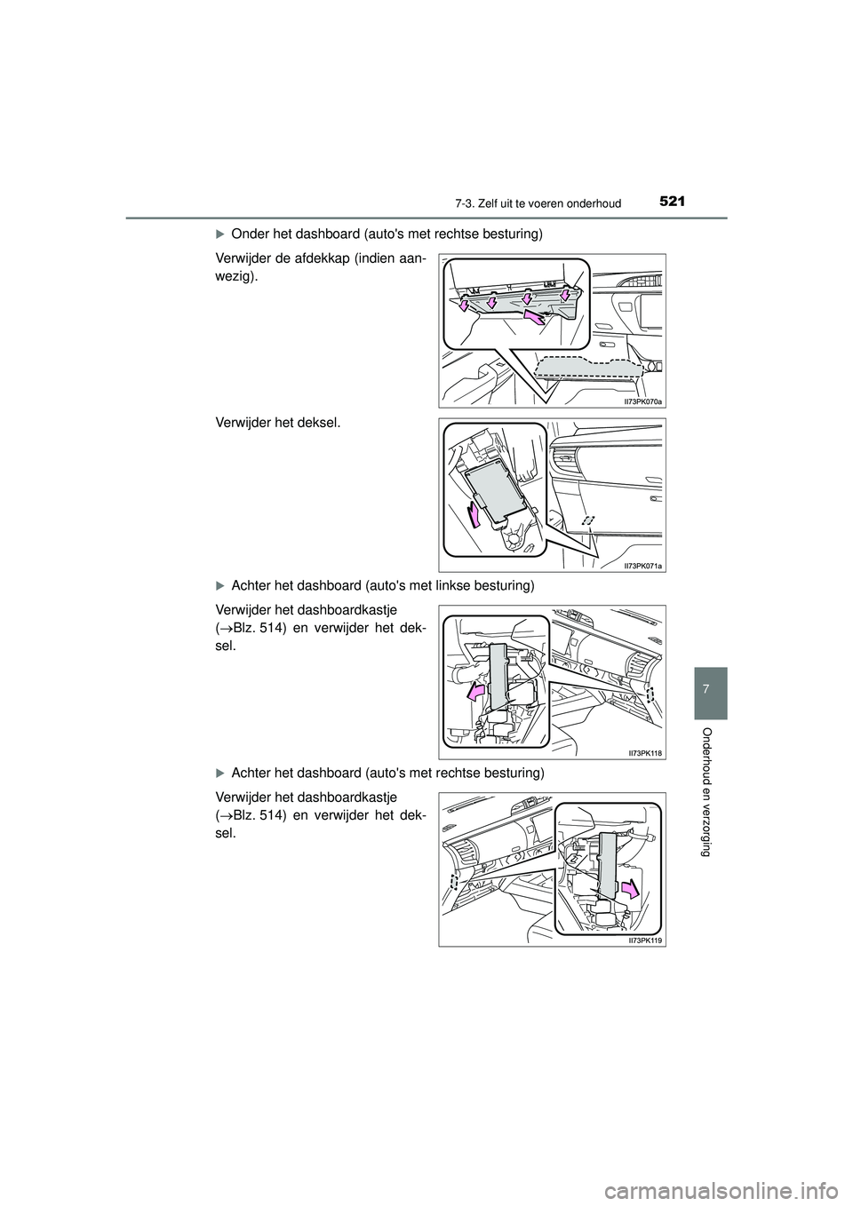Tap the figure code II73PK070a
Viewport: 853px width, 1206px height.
[643, 401]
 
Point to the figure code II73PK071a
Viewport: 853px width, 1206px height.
[643, 565]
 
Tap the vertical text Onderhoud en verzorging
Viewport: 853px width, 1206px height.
[706, 790]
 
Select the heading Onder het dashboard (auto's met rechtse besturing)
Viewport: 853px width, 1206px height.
[385, 234]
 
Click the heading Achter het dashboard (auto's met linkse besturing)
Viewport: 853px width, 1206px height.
[382, 585]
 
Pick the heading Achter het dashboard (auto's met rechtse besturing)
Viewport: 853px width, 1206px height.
[387, 773]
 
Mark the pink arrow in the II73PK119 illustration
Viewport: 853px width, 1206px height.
[630, 888]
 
